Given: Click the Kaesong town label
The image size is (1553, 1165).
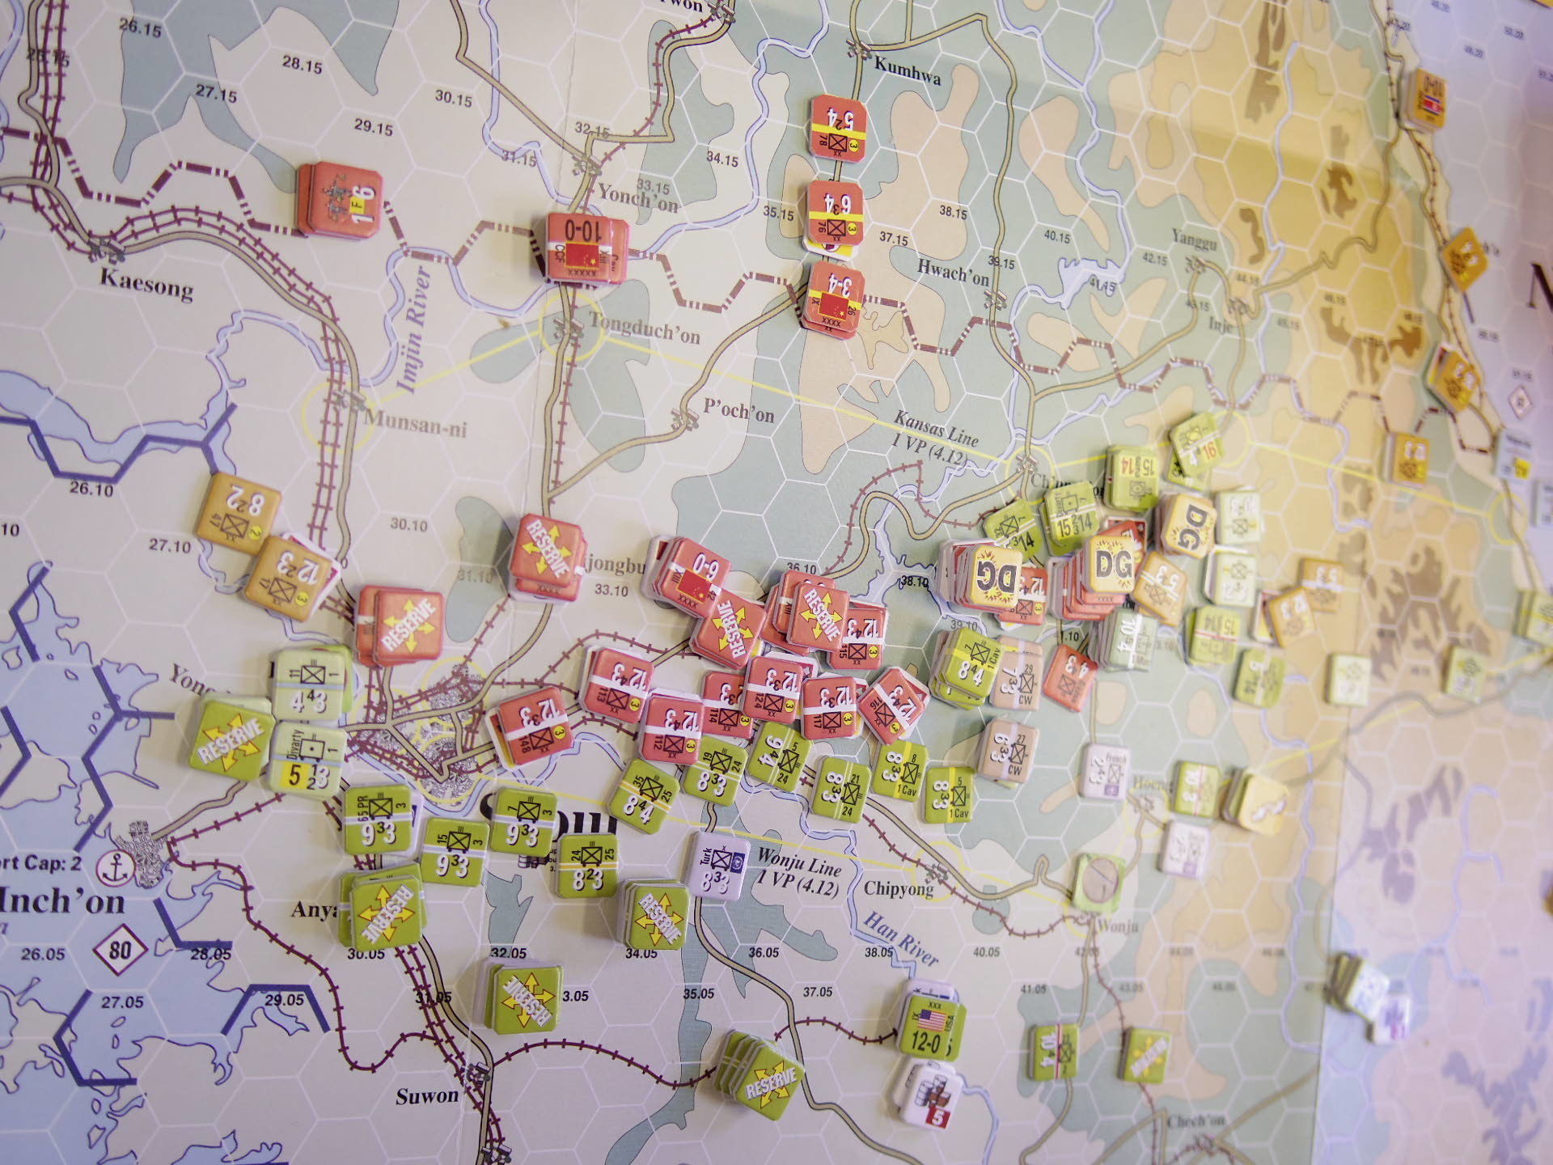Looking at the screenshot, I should click(146, 283).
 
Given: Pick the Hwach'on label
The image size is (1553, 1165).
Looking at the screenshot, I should click(953, 273).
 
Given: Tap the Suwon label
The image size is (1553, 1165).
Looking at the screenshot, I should click(427, 1096).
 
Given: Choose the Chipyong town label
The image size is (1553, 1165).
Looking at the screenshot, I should click(898, 888).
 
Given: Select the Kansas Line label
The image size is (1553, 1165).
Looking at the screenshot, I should click(936, 429).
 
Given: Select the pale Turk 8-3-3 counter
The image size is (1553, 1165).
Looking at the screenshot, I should click(720, 866).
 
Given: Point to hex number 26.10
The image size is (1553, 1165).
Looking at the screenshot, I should click(91, 488).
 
